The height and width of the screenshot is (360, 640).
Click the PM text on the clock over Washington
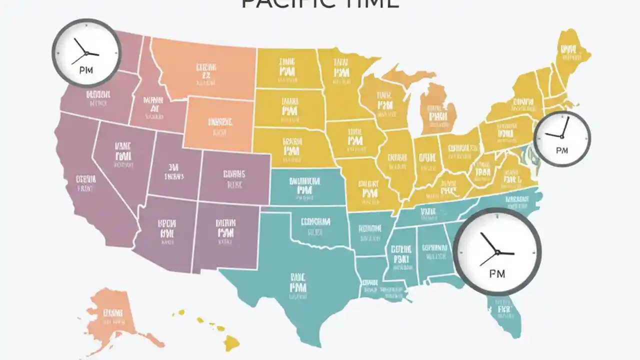click(x=86, y=70)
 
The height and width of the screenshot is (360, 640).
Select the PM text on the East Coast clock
click(x=562, y=150)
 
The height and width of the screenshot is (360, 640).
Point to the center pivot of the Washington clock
click(x=86, y=53)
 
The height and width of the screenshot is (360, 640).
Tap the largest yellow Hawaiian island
click(x=231, y=342)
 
